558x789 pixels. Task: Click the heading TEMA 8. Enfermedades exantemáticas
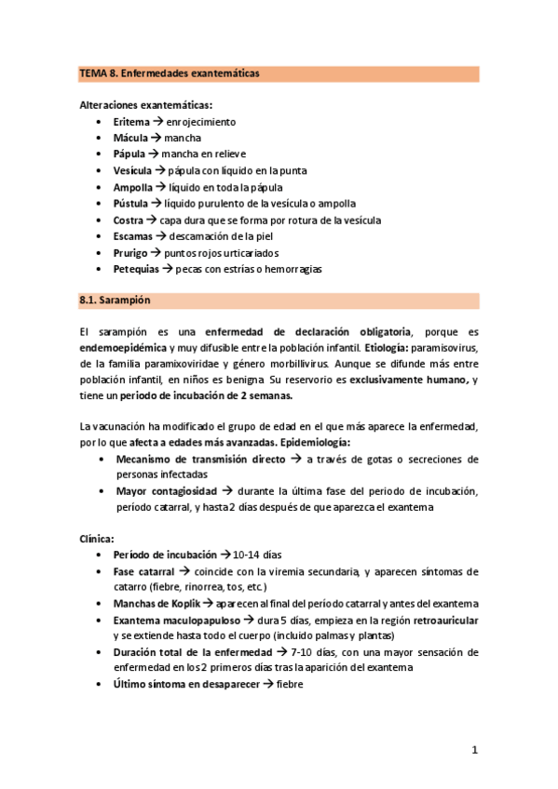[169, 73]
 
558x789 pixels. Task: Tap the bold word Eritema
[130, 122]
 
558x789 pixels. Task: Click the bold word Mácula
[130, 138]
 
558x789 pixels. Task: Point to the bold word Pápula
[129, 154]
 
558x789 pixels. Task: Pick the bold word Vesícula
[133, 170]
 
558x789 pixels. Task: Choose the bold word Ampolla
[132, 187]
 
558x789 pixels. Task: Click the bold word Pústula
[131, 203]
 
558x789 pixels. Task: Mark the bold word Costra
[129, 220]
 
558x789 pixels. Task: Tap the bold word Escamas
[133, 235]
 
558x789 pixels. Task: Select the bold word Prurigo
[131, 252]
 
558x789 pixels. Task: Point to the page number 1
[474, 749]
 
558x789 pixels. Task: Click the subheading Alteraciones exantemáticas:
[145, 105]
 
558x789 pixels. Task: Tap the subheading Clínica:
[97, 538]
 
